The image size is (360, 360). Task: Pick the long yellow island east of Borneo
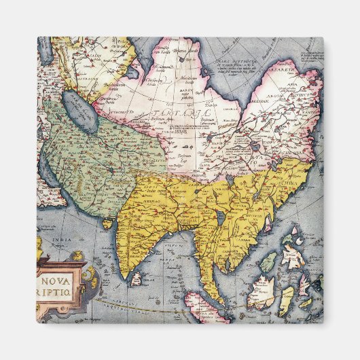pyautogui.click(x=287, y=300)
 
